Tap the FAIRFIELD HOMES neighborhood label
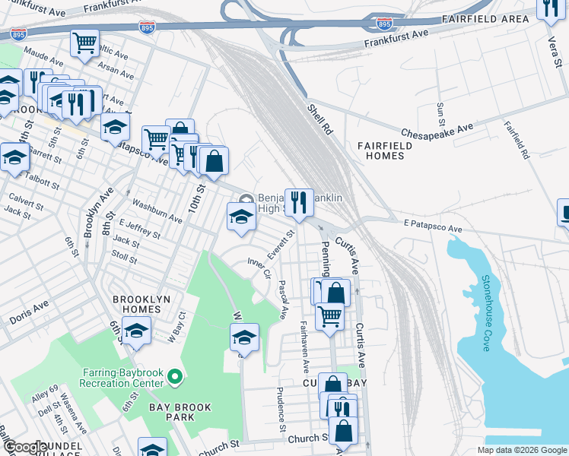coord(380,150)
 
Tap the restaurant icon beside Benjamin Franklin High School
coord(299,202)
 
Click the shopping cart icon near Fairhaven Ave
coord(329,314)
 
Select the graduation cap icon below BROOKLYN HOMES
coord(136,331)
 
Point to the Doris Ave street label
coord(29,312)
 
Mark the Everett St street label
coord(281,245)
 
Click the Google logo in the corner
coord(24,447)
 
